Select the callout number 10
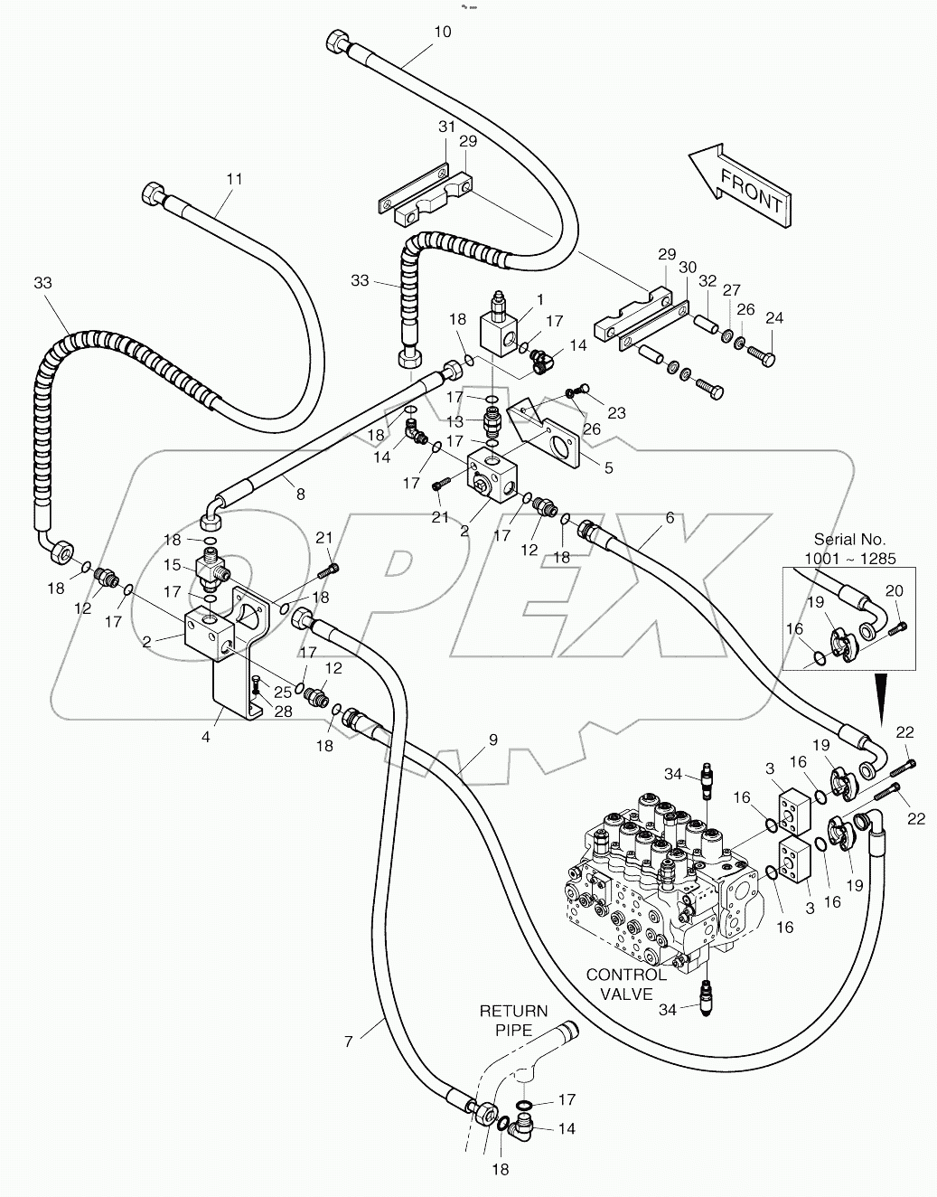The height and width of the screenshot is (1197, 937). pos(442,32)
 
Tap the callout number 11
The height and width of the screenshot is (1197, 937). pos(234,179)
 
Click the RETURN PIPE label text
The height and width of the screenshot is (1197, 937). pos(513,1020)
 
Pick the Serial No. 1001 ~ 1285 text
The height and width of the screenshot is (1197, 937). pos(849,548)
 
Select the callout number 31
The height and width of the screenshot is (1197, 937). pos(447,126)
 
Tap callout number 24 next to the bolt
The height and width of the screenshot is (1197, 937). pos(774,318)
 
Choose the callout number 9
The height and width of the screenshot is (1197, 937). pos(492,740)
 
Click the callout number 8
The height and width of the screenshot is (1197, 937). pos(300,494)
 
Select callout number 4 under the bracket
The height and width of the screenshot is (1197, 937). pos(206,737)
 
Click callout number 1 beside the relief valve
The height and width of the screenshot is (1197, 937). pos(539,299)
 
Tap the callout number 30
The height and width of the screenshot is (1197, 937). pos(688,268)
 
